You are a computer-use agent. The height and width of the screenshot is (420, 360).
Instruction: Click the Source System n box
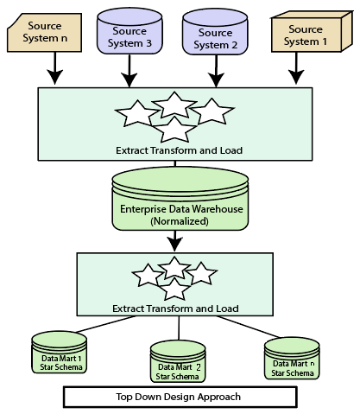pos(44,33)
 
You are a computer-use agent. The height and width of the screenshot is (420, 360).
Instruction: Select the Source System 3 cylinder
pos(129,31)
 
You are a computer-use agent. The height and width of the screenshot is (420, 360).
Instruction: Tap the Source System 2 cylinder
pos(215,32)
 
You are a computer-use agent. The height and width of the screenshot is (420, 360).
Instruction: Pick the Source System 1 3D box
pos(312,32)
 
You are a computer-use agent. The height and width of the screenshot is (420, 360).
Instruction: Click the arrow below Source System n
pos(54,68)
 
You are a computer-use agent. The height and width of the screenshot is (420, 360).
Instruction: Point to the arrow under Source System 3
pos(129,70)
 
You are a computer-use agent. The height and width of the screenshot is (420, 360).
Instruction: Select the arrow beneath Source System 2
pos(216,71)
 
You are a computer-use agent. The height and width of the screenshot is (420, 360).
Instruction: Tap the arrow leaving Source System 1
pos(296,68)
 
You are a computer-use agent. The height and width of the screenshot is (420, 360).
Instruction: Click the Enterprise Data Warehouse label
pos(181,209)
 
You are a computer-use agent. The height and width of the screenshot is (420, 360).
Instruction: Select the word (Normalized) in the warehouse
pos(180,221)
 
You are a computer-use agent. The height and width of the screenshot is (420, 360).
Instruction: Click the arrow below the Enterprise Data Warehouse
pos(174,241)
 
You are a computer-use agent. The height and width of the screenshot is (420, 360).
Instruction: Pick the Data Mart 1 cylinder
pos(59,352)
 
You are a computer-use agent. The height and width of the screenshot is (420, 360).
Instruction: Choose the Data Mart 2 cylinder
pos(178,361)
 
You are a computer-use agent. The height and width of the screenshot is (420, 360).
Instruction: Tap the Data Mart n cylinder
pos(292,358)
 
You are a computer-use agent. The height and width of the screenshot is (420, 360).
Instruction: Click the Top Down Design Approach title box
pos(180,397)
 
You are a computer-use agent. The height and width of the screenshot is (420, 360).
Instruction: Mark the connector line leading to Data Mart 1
pos(105,324)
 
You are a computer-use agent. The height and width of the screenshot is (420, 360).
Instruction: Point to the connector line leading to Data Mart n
pos(248,327)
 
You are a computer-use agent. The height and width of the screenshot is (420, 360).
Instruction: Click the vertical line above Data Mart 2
pos(179,328)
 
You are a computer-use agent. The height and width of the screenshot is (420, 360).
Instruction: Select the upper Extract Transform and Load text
pos(179,150)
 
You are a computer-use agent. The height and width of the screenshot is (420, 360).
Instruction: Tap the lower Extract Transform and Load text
pos(175,309)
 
